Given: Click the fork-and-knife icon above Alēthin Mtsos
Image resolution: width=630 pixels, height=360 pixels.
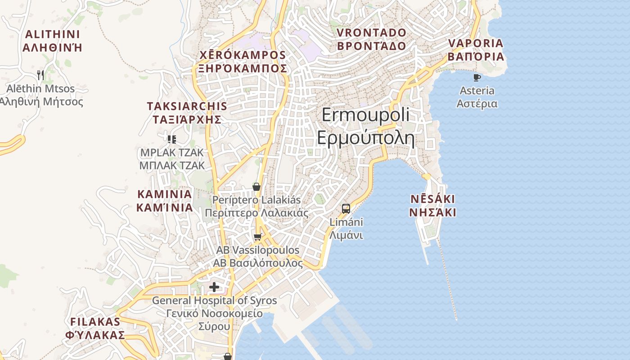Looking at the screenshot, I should [x=41, y=75].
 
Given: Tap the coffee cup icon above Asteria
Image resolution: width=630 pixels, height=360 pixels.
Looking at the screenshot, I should [x=477, y=78].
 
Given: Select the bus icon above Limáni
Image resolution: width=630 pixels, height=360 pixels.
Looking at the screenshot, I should [x=346, y=208].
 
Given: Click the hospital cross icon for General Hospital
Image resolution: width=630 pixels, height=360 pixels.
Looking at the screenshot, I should [x=214, y=287].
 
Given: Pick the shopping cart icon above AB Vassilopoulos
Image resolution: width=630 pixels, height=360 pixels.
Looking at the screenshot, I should [x=257, y=237].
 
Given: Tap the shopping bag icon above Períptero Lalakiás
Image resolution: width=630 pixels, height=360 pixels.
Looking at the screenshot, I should [x=256, y=187].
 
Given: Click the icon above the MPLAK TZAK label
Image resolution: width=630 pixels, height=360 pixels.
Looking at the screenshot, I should [x=171, y=139].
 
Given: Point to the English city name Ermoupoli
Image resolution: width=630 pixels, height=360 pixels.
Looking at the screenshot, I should [x=365, y=115].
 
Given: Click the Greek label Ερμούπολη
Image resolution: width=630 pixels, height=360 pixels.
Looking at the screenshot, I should [x=365, y=138].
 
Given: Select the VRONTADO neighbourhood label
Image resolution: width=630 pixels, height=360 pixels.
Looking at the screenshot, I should [x=371, y=33].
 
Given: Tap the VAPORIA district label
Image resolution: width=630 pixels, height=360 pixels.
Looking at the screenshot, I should [x=476, y=43].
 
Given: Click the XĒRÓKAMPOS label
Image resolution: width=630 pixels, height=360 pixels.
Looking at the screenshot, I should [x=243, y=55].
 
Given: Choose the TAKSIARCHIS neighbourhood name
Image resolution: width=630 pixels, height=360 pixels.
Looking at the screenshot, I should [x=187, y=106].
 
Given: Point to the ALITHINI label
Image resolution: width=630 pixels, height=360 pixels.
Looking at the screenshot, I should [x=52, y=34].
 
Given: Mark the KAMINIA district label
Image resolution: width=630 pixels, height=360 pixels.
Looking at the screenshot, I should [x=164, y=194].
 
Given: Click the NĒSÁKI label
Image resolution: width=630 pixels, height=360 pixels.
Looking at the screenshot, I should [x=432, y=199].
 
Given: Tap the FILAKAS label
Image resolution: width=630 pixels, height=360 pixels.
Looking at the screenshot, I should [x=95, y=322].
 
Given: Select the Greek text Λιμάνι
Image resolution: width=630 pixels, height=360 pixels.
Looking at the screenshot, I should [x=346, y=235].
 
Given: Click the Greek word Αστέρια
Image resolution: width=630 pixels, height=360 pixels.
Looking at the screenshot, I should [x=477, y=103].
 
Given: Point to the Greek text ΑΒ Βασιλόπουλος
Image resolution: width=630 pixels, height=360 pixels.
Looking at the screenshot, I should [x=258, y=263].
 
